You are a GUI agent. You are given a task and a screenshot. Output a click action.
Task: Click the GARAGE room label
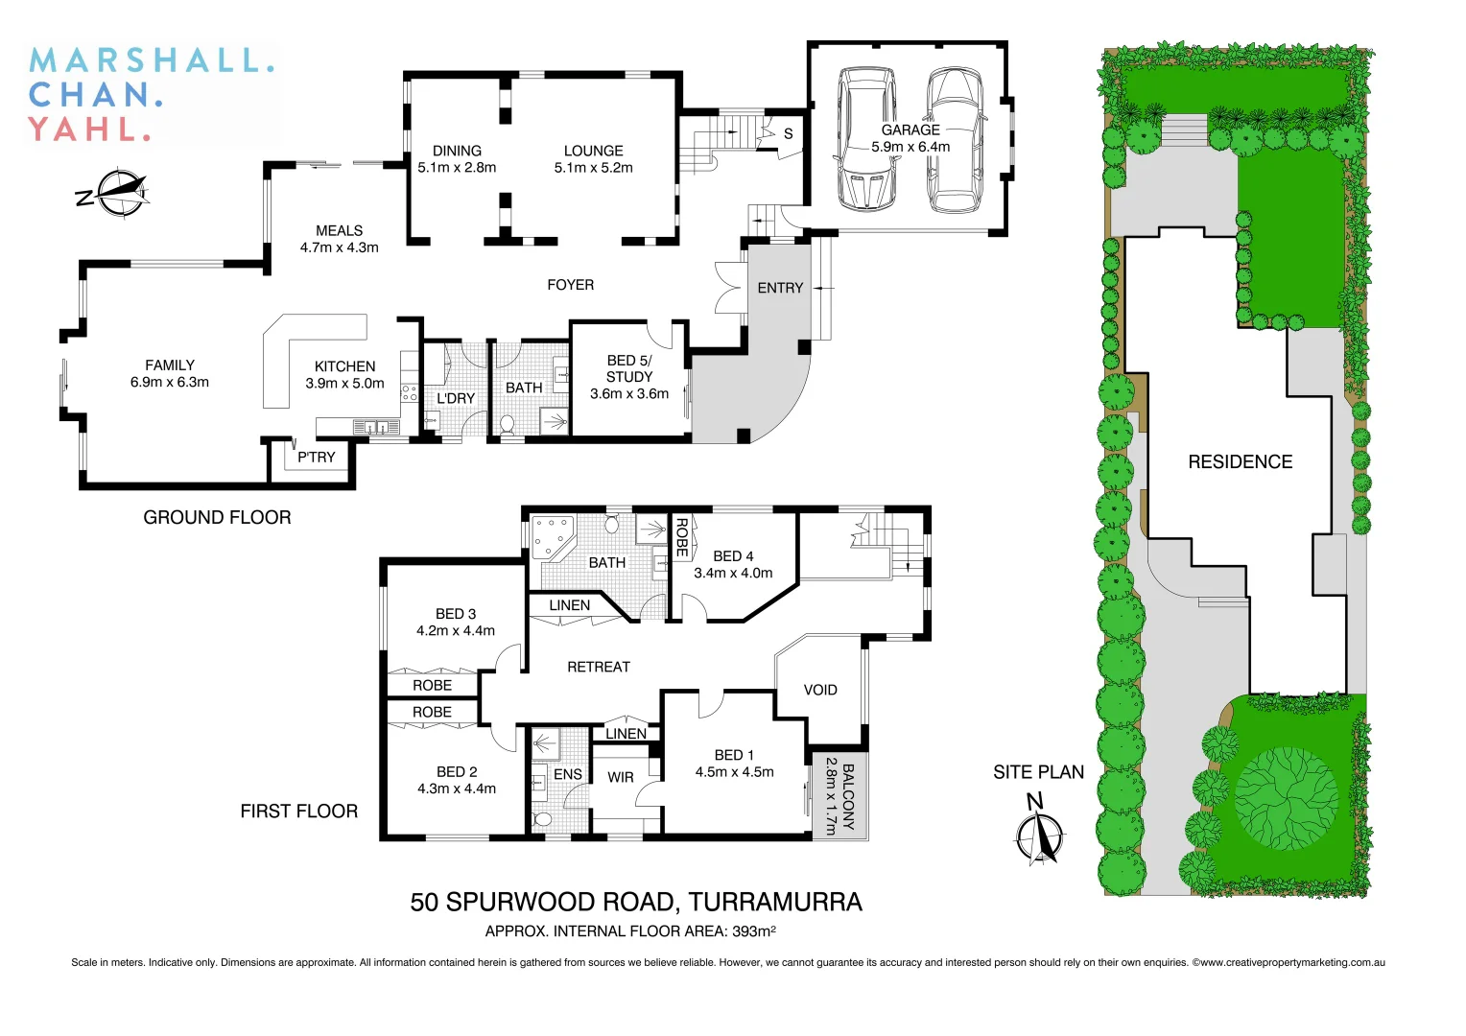click(x=910, y=129)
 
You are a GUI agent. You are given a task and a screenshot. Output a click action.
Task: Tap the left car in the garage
click(x=866, y=138)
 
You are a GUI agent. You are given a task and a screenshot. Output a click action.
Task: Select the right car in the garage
click(x=955, y=140)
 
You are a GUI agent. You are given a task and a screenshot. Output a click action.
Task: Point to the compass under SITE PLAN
click(x=1038, y=836)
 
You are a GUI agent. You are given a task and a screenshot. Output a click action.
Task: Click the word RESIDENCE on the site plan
click(x=1240, y=462)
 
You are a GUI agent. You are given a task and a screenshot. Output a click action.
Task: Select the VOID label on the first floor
click(x=820, y=690)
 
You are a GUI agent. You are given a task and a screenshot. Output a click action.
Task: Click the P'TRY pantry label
click(x=316, y=458)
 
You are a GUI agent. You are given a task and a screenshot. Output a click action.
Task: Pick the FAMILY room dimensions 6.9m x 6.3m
click(x=170, y=382)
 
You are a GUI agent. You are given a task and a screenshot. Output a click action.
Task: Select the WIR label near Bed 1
click(x=621, y=777)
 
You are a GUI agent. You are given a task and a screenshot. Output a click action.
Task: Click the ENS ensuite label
click(x=567, y=774)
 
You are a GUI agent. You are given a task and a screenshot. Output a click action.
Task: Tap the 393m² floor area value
click(x=753, y=931)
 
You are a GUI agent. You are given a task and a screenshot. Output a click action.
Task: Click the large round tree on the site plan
click(x=1286, y=798)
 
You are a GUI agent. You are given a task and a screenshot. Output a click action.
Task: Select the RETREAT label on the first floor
click(x=598, y=667)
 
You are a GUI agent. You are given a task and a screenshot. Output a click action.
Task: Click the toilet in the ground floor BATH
click(x=508, y=423)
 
